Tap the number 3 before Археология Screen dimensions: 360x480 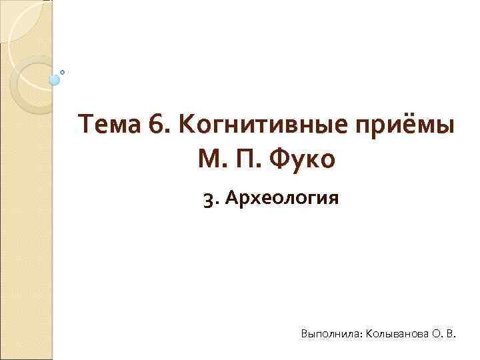(x=208, y=198)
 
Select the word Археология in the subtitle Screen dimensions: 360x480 (x=283, y=199)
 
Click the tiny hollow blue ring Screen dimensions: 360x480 (x=63, y=71)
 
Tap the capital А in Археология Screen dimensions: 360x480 (x=231, y=198)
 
